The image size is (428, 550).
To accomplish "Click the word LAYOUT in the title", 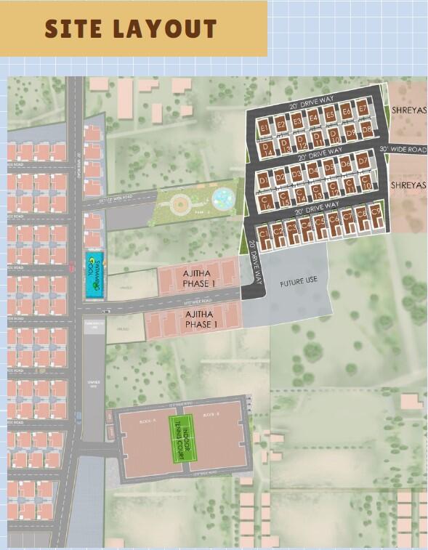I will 171,28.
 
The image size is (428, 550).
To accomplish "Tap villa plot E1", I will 265,128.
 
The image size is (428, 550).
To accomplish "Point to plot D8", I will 367,129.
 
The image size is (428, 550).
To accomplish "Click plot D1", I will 263,179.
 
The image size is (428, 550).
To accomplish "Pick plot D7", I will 362,161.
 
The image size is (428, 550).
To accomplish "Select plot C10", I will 367,183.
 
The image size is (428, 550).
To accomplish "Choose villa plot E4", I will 313,118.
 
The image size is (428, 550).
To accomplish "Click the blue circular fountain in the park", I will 222,197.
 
